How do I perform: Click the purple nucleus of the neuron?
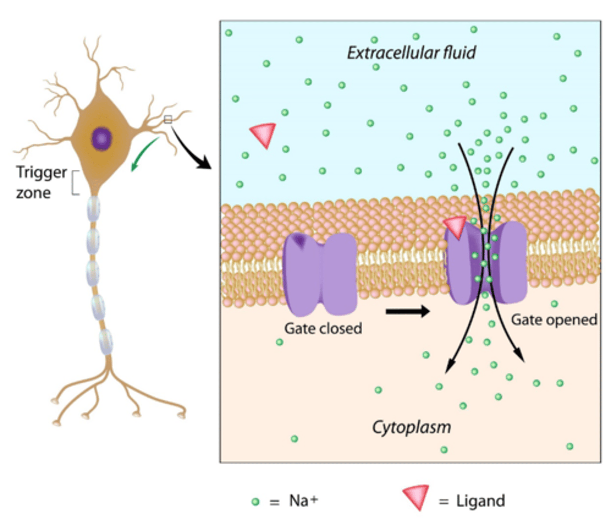click(x=101, y=139)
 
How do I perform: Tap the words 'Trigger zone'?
click(x=40, y=182)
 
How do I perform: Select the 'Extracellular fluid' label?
click(x=411, y=53)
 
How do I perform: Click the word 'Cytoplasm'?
click(x=411, y=427)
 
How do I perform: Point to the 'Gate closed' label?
click(x=323, y=328)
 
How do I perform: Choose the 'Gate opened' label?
click(x=554, y=320)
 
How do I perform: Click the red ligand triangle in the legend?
click(x=416, y=497)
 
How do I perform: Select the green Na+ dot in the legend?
click(x=256, y=502)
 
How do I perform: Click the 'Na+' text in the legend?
click(x=303, y=500)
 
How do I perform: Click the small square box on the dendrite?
click(x=168, y=119)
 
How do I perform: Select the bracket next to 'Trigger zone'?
click(x=76, y=182)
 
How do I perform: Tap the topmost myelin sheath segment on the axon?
click(x=93, y=209)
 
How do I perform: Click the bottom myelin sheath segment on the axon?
click(x=106, y=342)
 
